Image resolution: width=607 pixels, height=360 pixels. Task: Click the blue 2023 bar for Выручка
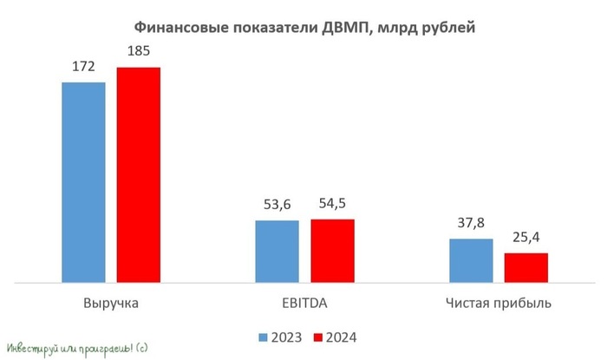[x=83, y=182]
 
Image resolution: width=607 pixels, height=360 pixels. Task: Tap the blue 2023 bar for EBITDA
[x=277, y=252]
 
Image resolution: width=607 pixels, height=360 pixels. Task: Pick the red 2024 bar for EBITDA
[x=332, y=251]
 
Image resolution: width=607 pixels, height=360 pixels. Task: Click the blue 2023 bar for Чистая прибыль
[x=471, y=260]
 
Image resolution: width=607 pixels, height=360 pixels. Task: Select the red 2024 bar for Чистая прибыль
[x=526, y=267]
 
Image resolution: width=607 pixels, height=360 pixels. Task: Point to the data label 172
[x=83, y=67]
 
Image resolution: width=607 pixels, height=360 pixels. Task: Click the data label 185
[x=139, y=52]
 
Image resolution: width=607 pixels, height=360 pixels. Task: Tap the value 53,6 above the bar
[x=277, y=206]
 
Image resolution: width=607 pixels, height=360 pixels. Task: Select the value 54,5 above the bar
[x=332, y=204]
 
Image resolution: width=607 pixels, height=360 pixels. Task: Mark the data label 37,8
[x=471, y=223]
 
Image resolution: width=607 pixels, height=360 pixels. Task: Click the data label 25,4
[x=526, y=238]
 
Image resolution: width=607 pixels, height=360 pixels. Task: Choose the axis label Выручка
[x=110, y=304]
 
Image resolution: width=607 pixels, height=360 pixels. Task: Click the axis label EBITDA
[x=304, y=304]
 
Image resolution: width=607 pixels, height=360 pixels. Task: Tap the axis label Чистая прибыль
[x=499, y=304]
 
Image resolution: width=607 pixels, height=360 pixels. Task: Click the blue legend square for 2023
[x=262, y=337]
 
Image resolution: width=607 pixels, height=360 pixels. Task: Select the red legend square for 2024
[x=317, y=337]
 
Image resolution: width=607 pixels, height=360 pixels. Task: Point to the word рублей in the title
[x=447, y=29]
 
